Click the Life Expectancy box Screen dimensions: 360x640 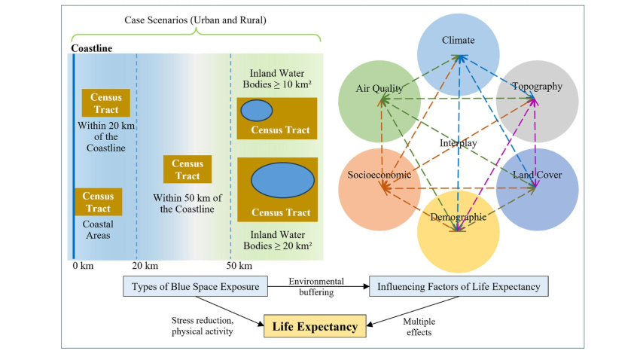315,326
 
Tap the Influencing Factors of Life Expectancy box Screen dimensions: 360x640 459,287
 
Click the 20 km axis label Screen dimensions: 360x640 145,266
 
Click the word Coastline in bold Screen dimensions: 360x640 91,49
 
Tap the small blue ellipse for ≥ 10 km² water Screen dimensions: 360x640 256,110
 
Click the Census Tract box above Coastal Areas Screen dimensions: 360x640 98,203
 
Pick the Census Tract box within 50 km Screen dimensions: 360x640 187,169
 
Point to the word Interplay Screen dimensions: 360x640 459,143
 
